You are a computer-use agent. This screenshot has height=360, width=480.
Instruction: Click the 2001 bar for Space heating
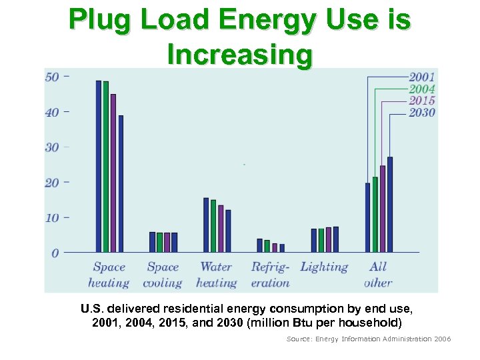click(x=99, y=167)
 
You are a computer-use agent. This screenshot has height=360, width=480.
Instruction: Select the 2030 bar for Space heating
click(x=121, y=184)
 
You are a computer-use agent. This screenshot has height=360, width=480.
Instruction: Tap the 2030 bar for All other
click(x=390, y=205)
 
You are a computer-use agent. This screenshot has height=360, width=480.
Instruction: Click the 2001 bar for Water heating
click(x=206, y=225)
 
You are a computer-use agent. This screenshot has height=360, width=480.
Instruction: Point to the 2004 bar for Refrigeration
click(x=267, y=246)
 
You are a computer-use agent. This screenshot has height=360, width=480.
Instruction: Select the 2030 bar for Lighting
click(x=336, y=239)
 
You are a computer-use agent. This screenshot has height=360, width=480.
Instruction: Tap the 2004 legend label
click(x=422, y=89)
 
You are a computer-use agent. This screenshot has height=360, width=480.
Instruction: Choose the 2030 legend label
click(x=422, y=112)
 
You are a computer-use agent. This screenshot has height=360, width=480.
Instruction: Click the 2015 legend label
click(x=422, y=101)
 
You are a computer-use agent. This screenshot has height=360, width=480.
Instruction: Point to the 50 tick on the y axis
click(x=52, y=77)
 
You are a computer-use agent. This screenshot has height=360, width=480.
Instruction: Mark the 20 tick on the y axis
click(x=52, y=183)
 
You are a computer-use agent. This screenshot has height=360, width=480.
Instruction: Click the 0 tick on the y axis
click(x=55, y=253)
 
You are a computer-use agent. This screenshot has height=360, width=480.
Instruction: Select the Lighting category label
click(x=325, y=267)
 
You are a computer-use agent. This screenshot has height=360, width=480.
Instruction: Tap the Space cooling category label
click(x=163, y=275)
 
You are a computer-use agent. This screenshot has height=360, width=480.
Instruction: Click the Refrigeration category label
click(x=270, y=275)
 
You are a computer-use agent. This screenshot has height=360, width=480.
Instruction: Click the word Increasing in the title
click(x=240, y=55)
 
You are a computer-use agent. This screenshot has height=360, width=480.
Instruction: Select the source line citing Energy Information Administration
click(x=369, y=339)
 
